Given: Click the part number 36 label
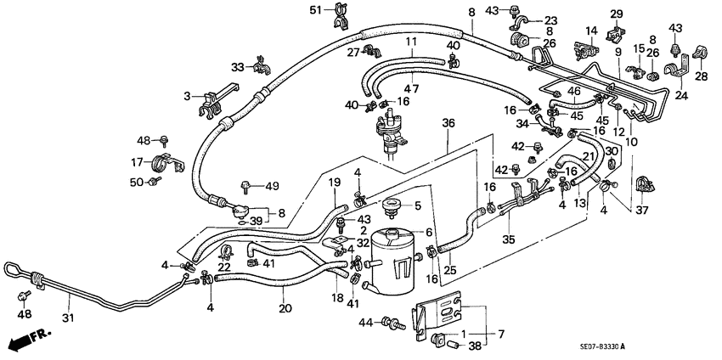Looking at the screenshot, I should (448, 123).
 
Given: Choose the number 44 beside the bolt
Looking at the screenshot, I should (366, 323).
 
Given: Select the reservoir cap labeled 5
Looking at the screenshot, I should (392, 205).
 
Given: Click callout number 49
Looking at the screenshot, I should (272, 186).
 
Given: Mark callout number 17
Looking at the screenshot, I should (136, 161).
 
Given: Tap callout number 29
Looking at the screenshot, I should (617, 14).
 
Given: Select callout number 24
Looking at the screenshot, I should (679, 95).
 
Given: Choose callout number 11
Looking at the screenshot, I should (410, 41).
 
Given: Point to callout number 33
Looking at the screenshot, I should (238, 67).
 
